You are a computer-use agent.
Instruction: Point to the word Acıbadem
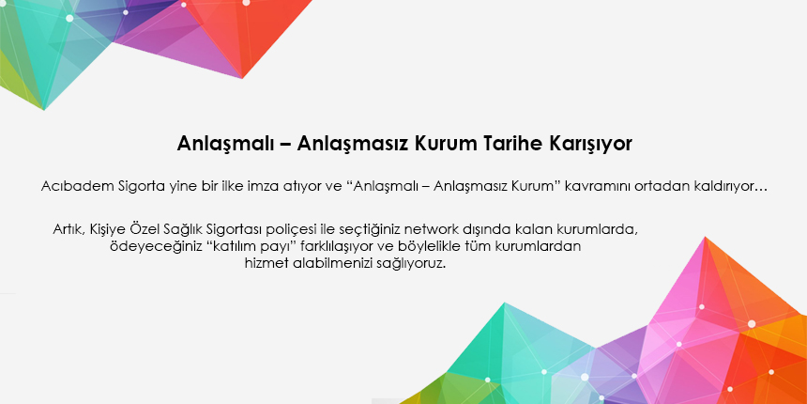pos(77,186)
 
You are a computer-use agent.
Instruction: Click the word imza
pos(259,186)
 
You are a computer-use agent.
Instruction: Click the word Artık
pos(69,229)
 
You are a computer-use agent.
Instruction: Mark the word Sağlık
pos(184,229)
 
